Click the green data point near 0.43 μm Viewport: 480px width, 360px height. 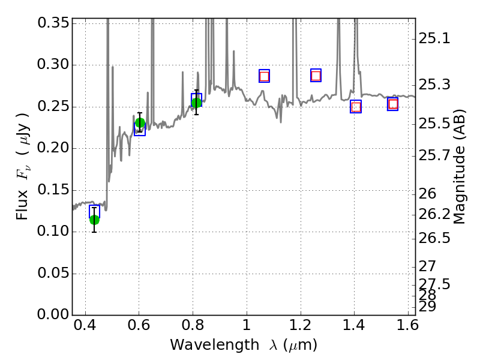click(x=94, y=219)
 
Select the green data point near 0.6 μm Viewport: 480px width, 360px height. click(x=140, y=123)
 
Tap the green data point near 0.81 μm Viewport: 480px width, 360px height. click(x=196, y=103)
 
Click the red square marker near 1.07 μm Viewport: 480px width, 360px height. click(x=264, y=76)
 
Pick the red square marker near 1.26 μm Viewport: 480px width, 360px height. click(x=316, y=75)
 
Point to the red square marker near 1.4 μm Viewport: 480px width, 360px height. click(x=356, y=107)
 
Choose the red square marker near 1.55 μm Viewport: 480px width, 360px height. click(x=393, y=104)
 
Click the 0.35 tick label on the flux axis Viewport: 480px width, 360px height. click(x=52, y=23)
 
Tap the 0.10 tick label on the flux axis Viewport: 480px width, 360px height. click(x=52, y=232)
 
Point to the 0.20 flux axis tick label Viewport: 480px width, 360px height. click(x=52, y=148)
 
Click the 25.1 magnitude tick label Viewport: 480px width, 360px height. click(x=434, y=39)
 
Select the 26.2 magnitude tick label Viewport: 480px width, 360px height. click(x=434, y=214)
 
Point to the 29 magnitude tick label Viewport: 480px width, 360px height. click(x=427, y=306)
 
